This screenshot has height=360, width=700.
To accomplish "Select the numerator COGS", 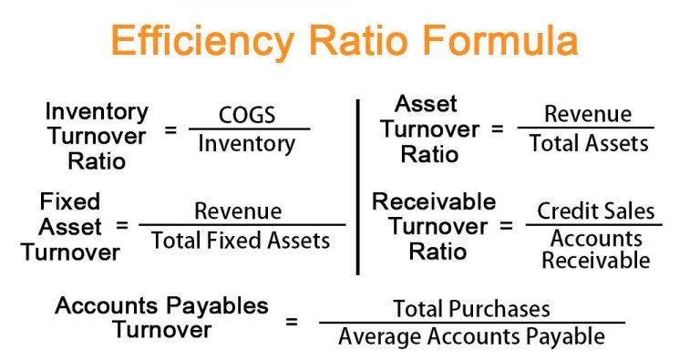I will [x=247, y=116].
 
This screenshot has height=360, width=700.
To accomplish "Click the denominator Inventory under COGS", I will [x=247, y=144].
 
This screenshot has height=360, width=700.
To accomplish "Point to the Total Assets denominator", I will [x=589, y=142].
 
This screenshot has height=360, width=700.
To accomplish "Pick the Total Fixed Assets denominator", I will [x=241, y=241].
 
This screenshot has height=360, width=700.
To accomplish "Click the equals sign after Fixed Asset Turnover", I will [x=122, y=224].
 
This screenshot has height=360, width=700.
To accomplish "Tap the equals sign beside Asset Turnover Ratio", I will [x=497, y=129].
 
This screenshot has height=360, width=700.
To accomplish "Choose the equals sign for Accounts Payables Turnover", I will [x=292, y=322].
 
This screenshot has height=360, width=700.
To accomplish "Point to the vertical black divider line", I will [x=357, y=187].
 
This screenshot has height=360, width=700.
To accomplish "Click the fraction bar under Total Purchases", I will [x=471, y=322].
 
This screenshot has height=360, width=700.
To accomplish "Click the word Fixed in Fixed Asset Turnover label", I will [x=70, y=201].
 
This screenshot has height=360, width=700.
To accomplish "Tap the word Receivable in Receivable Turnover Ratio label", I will [x=434, y=201].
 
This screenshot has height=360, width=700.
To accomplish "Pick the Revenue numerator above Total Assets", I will [x=587, y=114].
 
